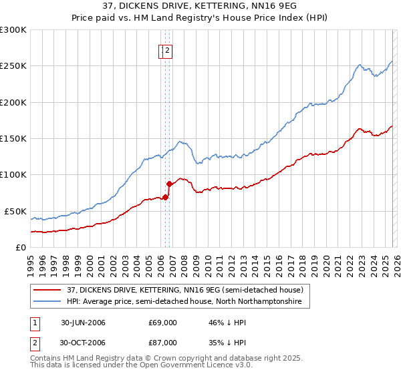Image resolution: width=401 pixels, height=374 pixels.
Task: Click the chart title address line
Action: (x=200, y=7)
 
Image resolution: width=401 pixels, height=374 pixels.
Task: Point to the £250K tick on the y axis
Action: (x=13, y=66)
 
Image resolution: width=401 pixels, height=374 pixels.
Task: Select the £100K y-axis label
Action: (x=13, y=175)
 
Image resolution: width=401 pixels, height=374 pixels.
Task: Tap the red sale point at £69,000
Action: (x=165, y=197)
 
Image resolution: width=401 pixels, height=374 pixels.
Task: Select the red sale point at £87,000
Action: (x=169, y=184)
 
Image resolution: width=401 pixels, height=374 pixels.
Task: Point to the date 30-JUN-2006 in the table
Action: (x=83, y=323)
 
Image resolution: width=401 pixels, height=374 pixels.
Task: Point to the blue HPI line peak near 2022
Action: (x=360, y=65)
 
